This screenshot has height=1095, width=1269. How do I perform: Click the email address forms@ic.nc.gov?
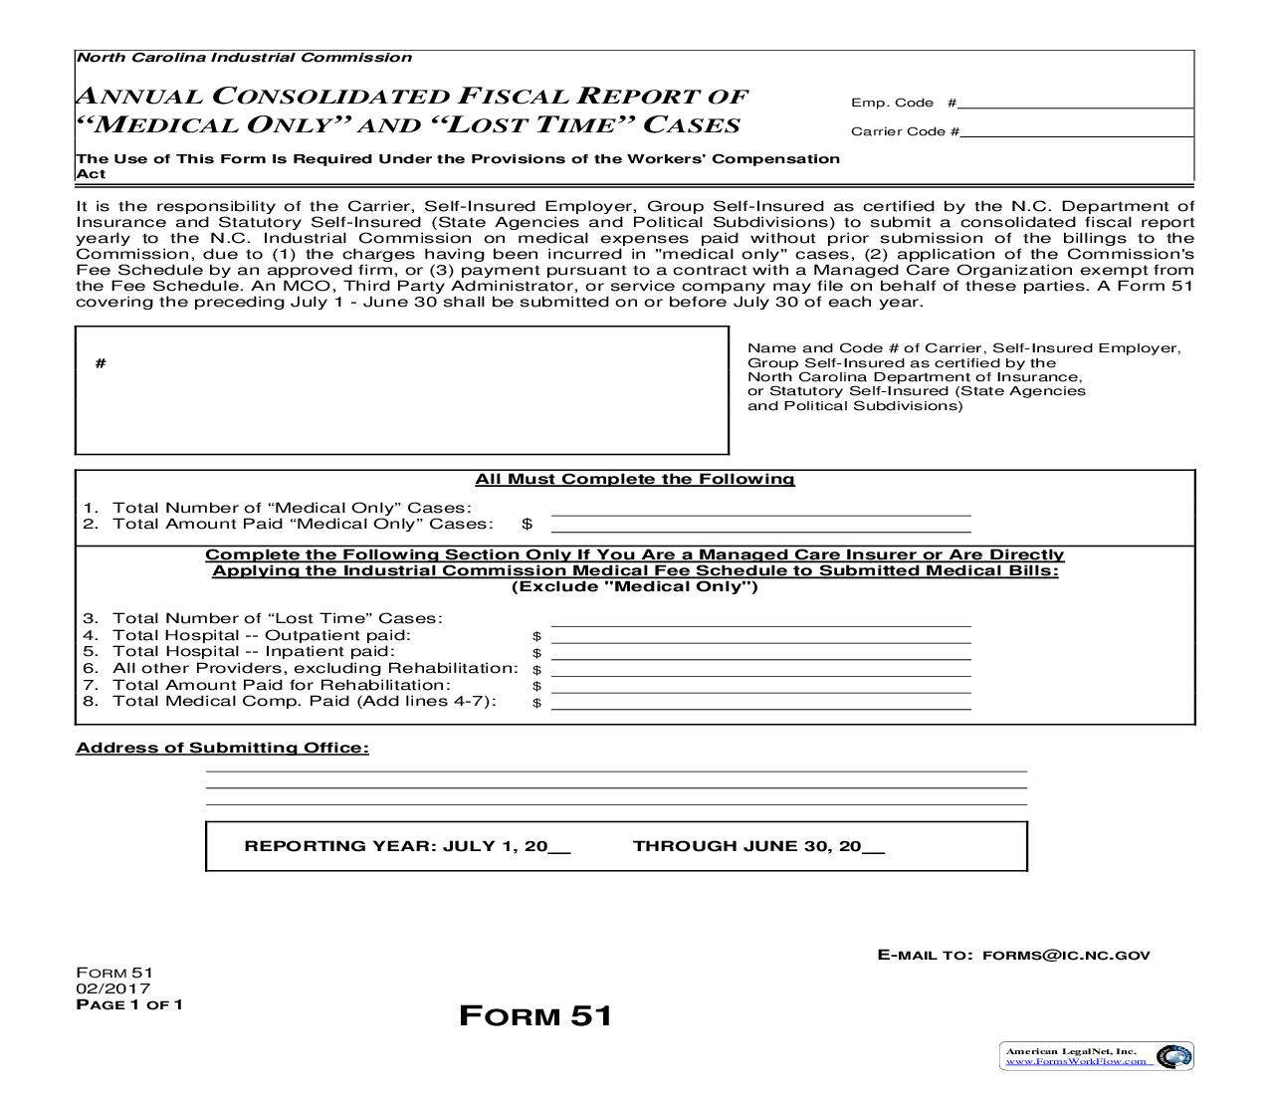pyautogui.click(x=1065, y=956)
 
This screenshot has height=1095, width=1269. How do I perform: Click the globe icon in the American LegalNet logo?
pyautogui.click(x=1176, y=1056)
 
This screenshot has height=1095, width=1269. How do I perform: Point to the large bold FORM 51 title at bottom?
pyautogui.click(x=535, y=1016)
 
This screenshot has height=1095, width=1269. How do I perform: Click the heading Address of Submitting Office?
pyautogui.click(x=222, y=749)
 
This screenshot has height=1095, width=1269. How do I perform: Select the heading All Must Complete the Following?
pyautogui.click(x=635, y=480)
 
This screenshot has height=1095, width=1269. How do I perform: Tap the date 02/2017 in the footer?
pyautogui.click(x=113, y=988)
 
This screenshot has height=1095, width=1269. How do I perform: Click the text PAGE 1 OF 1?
pyautogui.click(x=129, y=1004)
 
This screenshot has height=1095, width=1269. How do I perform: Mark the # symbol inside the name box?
pyautogui.click(x=101, y=363)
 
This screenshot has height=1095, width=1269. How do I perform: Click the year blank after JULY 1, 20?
pyautogui.click(x=559, y=848)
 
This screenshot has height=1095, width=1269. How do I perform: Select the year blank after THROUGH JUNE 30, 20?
pyautogui.click(x=873, y=848)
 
